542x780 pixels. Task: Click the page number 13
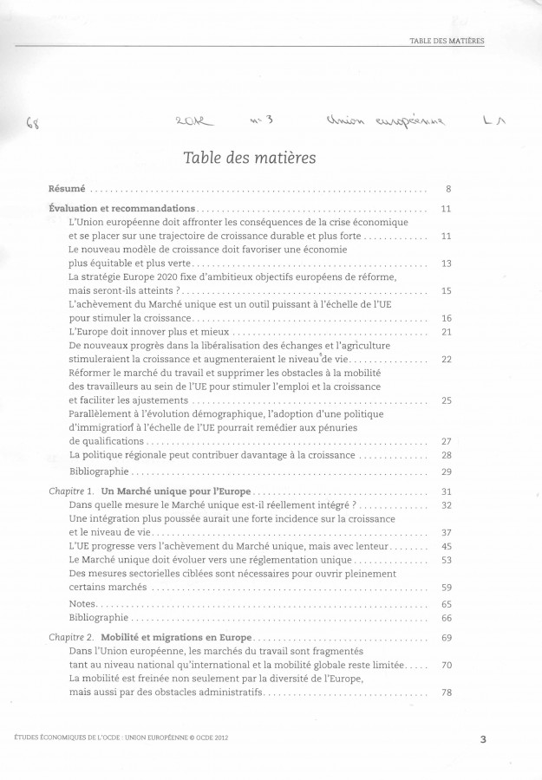click(447, 263)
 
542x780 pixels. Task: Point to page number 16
click(447, 318)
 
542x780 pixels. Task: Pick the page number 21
click(447, 332)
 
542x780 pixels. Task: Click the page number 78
click(447, 693)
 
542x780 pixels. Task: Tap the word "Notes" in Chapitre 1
click(82, 603)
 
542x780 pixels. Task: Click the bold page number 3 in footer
click(482, 738)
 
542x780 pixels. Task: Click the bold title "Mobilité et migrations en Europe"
click(189, 638)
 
